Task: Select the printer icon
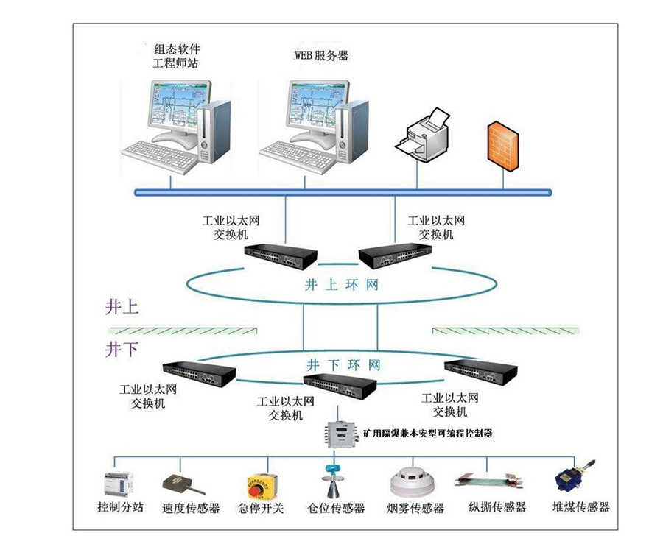(425, 135)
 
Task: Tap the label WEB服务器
(321, 56)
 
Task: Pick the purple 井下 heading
(122, 348)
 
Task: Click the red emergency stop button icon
(261, 486)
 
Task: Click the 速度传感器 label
(191, 508)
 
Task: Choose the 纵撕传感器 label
(497, 507)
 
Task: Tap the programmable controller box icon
(338, 433)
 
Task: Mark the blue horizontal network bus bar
(343, 192)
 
